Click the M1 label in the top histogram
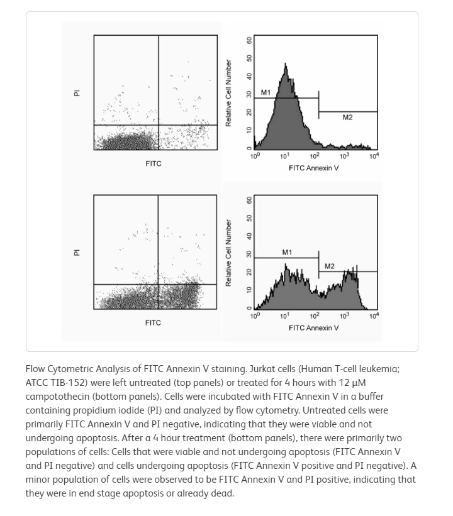[266, 93]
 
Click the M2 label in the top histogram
[347, 118]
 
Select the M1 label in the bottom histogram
[287, 253]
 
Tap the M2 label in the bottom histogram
[330, 266]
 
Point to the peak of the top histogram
[286, 64]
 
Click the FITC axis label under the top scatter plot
[153, 164]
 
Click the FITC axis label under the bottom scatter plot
[153, 323]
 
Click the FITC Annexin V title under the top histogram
[314, 168]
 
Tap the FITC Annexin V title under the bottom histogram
[314, 328]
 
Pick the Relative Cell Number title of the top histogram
[229, 93]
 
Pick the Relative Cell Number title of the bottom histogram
[229, 253]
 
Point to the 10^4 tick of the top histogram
[374, 156]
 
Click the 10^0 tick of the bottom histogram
[255, 316]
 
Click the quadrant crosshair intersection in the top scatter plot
[159, 125]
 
